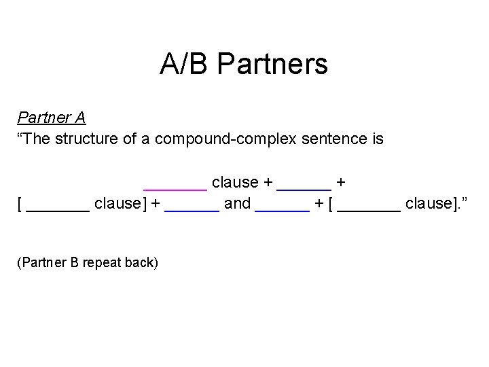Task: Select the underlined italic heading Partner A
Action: (52, 118)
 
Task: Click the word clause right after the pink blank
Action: (235, 182)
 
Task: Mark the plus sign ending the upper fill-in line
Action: (340, 183)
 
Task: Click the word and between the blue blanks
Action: (237, 204)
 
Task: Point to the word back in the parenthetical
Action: (142, 262)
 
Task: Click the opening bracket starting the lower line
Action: (20, 204)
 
